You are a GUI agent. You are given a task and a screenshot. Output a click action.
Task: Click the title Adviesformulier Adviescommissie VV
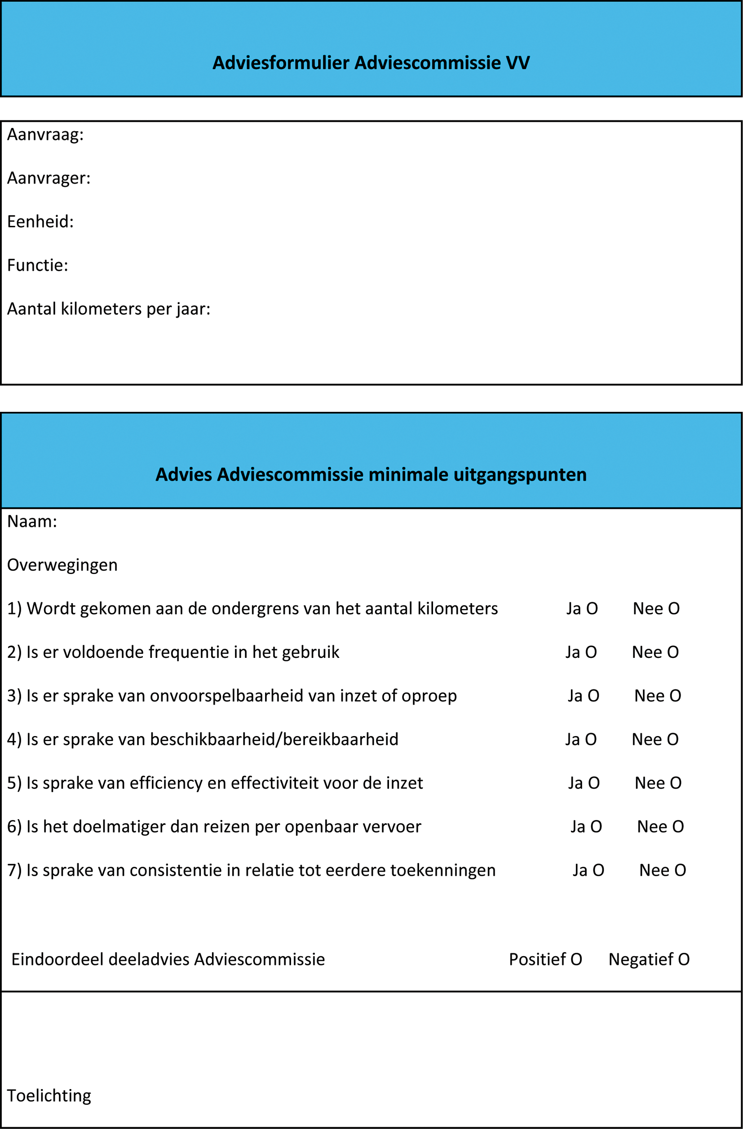click(371, 62)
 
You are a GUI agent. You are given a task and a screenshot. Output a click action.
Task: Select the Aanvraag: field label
click(45, 135)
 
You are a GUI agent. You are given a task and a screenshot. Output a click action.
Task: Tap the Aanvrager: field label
click(49, 178)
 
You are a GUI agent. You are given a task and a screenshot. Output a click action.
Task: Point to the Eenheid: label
click(40, 221)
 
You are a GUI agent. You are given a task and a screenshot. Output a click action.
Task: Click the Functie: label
click(37, 265)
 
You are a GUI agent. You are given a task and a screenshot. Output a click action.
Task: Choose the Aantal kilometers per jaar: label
click(109, 309)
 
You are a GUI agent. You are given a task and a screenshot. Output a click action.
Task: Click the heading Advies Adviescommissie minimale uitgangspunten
click(371, 474)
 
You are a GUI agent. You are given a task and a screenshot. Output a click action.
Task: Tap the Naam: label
click(32, 521)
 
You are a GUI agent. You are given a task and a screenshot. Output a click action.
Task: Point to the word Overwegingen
click(62, 565)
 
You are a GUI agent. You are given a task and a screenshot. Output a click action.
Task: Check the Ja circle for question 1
click(592, 609)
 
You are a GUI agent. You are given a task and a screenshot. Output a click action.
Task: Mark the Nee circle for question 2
click(673, 652)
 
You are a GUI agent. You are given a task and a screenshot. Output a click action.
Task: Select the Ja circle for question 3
click(593, 696)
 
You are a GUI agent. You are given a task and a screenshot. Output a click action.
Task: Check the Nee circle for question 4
click(673, 740)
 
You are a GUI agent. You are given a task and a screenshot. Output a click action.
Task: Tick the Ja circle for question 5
click(594, 783)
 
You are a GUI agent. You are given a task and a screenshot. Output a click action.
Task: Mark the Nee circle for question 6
click(678, 827)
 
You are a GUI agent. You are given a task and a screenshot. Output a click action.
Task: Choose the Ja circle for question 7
click(598, 870)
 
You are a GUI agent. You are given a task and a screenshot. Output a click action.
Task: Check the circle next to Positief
click(576, 960)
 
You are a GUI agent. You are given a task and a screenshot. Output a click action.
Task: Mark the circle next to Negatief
click(684, 960)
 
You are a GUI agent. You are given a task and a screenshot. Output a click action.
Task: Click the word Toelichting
click(49, 1096)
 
